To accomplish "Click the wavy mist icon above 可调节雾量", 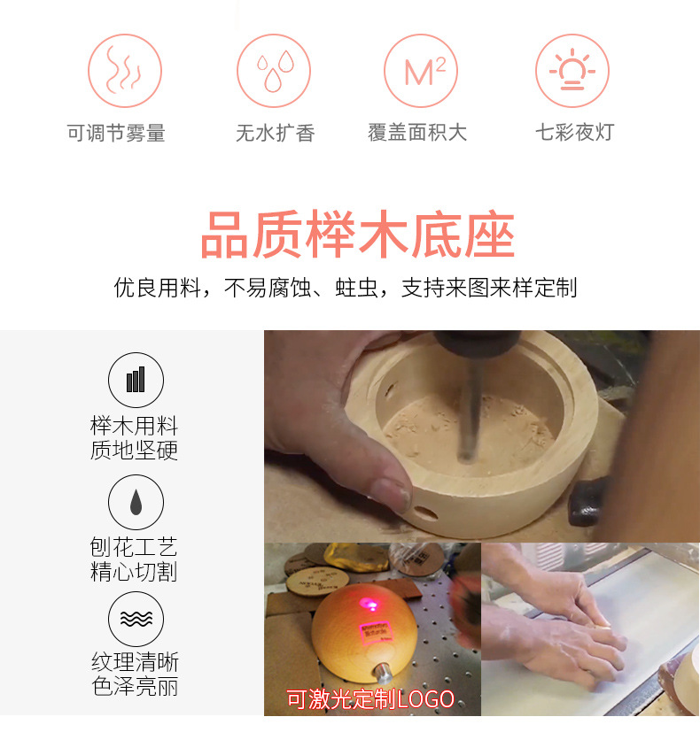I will coord(125,71).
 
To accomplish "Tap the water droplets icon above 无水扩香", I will coord(274,71).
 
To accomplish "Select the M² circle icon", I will coord(421,71).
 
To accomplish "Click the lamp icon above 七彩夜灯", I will coord(572,71).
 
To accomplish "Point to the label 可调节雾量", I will coord(116,134).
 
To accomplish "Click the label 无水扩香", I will coord(275,134).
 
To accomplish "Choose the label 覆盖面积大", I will coord(417,134).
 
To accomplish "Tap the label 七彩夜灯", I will coord(574,134).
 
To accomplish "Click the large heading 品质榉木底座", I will coord(357,235).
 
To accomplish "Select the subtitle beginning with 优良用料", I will coord(346,288).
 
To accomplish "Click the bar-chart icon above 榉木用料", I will coord(136,380).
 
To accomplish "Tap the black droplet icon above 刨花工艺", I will coord(136,502).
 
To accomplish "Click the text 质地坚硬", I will coord(135,451).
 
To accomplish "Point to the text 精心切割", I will coord(135,573).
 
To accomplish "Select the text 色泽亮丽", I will coord(135,687).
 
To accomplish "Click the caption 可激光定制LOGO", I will coord(369,699).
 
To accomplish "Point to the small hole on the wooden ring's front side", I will coord(426,513).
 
